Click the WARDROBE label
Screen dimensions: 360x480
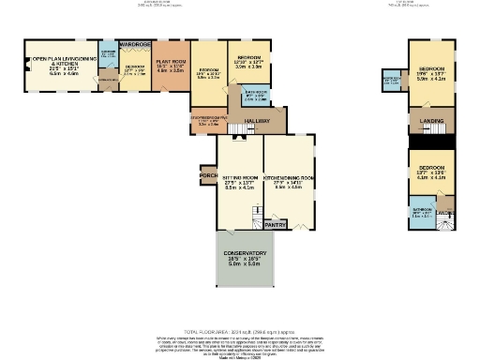(x=135, y=44)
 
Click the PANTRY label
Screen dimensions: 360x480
(x=275, y=225)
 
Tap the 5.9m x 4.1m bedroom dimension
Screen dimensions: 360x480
(x=430, y=79)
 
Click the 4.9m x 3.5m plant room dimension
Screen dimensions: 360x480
(x=170, y=69)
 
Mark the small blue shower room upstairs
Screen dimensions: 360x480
(x=391, y=81)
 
